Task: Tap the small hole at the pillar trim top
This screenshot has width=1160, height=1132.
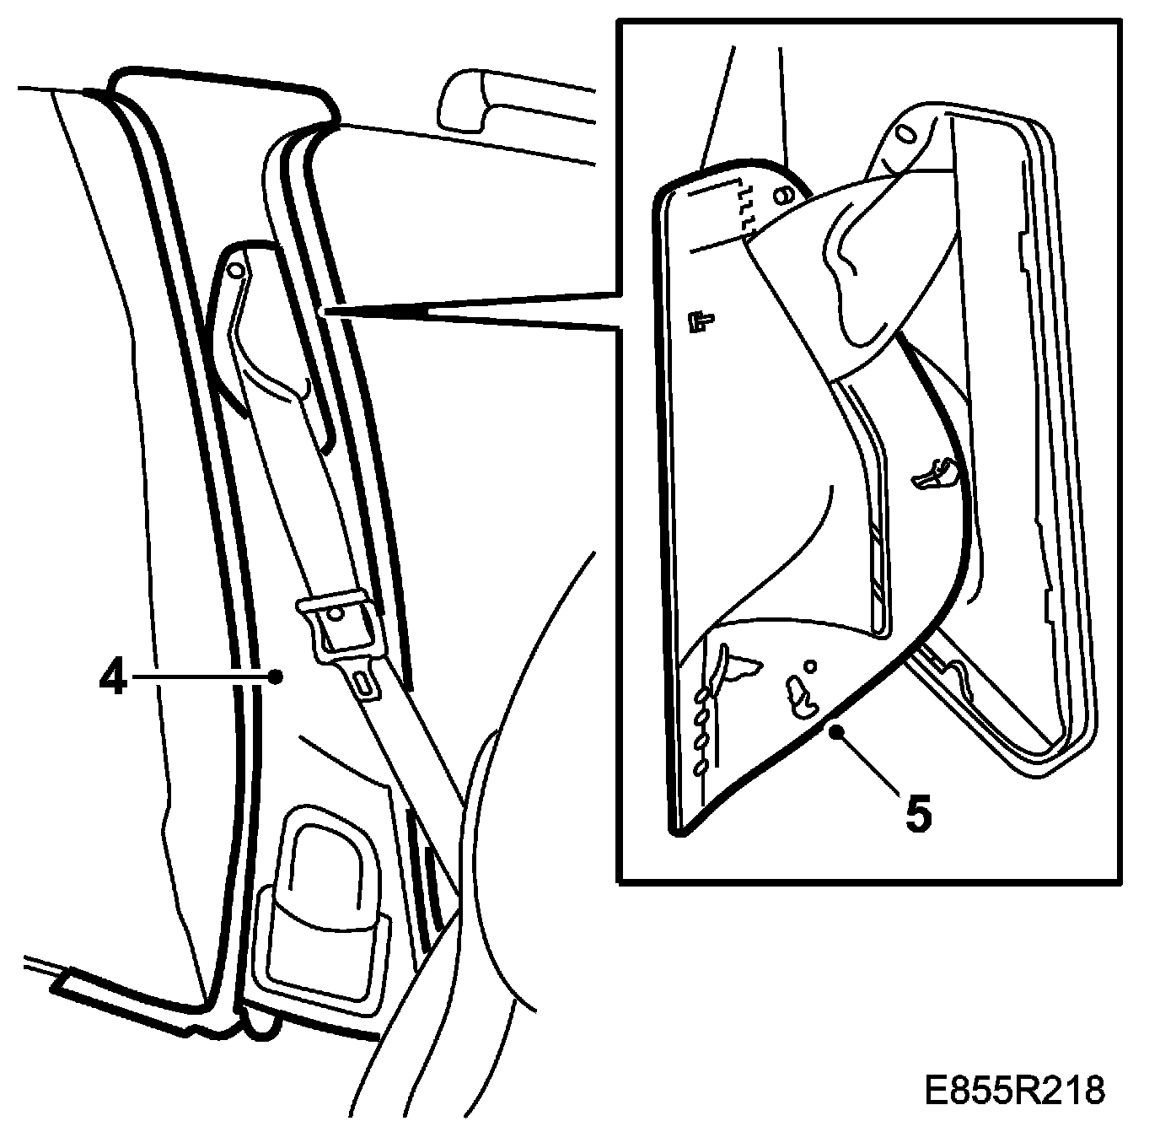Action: tap(235, 269)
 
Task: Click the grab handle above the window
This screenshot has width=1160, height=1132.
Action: tap(472, 101)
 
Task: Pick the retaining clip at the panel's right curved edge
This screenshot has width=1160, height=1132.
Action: tap(936, 474)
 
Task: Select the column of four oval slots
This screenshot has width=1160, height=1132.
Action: tap(701, 730)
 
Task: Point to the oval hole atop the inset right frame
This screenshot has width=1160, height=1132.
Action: tap(905, 134)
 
